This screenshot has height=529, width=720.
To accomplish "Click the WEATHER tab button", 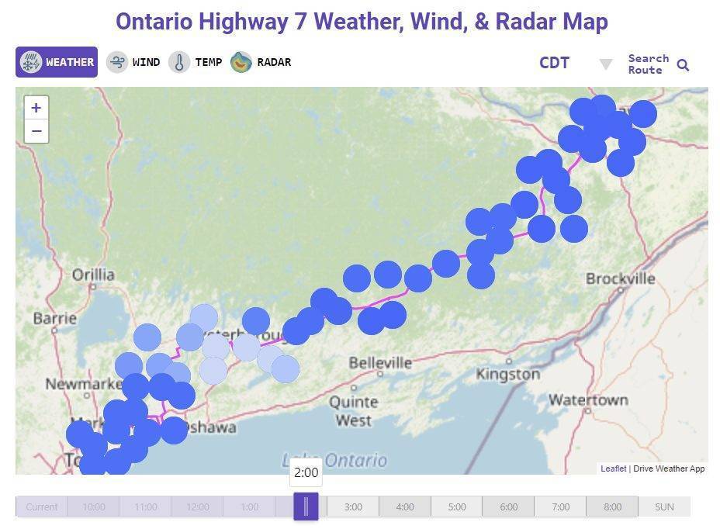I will (x=57, y=62).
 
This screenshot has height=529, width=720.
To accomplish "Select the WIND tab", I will (x=133, y=62).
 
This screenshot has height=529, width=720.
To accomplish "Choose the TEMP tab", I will (x=196, y=62).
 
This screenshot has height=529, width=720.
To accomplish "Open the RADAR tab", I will (x=261, y=62).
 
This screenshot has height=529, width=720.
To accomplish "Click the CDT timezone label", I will (x=554, y=63).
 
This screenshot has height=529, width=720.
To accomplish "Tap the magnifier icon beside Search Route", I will (x=683, y=65).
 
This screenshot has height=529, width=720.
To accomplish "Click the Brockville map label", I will (x=620, y=278).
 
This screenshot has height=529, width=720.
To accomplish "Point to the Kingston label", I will (x=507, y=374).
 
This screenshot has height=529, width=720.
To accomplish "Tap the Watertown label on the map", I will (x=587, y=400).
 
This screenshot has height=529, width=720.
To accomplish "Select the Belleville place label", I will (x=379, y=362).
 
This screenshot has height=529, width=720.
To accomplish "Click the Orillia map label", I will (x=93, y=275).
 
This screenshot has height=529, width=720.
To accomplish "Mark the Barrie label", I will (x=54, y=318).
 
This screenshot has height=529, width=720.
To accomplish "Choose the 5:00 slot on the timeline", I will (x=457, y=507).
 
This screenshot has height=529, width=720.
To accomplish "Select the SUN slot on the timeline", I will (x=664, y=507).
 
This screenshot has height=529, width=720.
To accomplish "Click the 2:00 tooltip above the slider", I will (x=306, y=472).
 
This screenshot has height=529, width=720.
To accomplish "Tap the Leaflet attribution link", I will (x=613, y=468).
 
